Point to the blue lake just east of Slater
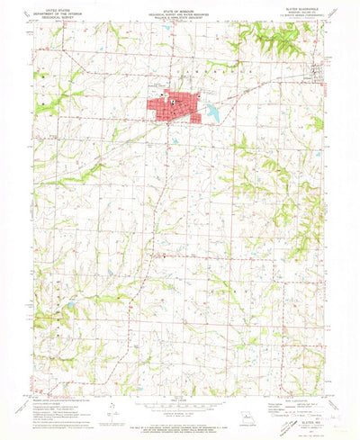pyautogui.click(x=213, y=112)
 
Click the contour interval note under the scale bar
pyautogui.click(x=180, y=409)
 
